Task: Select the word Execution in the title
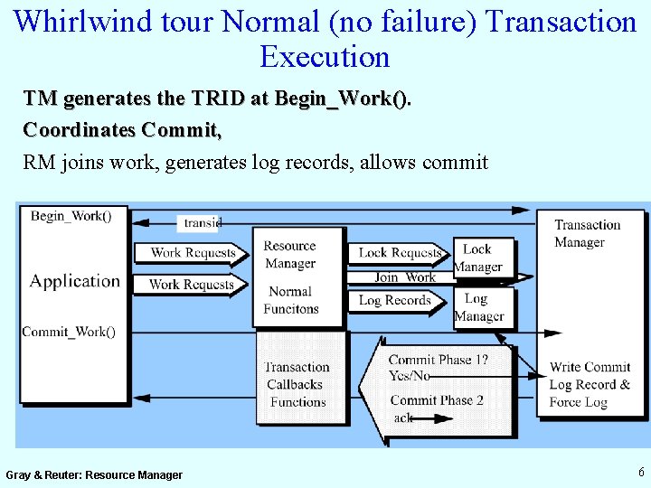click(325, 57)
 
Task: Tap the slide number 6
click(641, 471)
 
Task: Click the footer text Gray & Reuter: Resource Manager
click(94, 474)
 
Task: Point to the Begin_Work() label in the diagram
click(71, 216)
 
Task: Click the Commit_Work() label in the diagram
click(69, 332)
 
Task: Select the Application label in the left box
click(74, 281)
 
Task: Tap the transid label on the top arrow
click(203, 222)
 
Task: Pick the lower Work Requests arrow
click(191, 285)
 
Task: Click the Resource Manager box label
click(290, 255)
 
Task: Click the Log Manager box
click(479, 307)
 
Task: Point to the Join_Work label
click(405, 277)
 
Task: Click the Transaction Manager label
click(587, 233)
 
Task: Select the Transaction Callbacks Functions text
click(297, 384)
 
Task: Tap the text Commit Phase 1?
click(439, 360)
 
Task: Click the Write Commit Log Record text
click(590, 376)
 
